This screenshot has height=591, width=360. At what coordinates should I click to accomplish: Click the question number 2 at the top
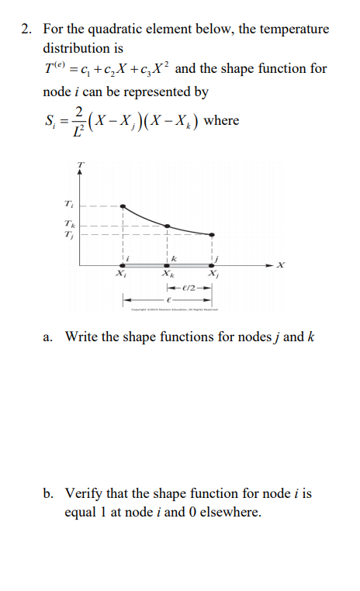point(26,29)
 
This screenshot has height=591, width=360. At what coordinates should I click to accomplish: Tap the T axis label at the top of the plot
point(78,163)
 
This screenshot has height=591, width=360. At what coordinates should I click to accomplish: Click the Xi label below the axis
point(120,275)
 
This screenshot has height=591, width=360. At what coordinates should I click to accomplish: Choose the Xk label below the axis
point(167,275)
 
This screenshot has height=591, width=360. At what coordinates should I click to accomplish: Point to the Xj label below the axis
point(212,275)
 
